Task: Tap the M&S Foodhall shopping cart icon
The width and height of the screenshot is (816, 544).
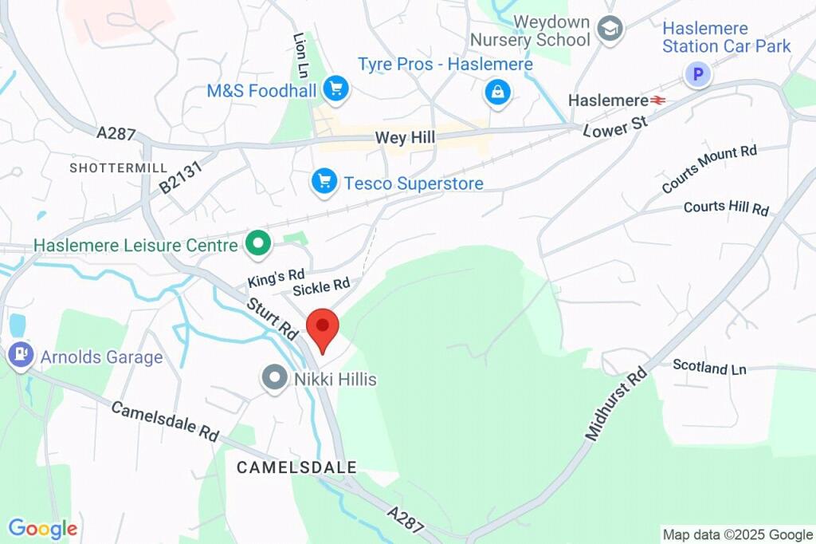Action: pyautogui.click(x=335, y=90)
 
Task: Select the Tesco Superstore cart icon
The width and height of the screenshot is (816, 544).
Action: pyautogui.click(x=324, y=182)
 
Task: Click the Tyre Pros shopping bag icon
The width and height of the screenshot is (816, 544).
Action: pyautogui.click(x=498, y=93)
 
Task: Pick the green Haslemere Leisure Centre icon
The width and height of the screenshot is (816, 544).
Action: pyautogui.click(x=257, y=245)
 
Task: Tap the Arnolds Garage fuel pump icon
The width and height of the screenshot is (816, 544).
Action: pyautogui.click(x=18, y=355)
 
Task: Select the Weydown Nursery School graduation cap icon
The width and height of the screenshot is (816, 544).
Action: pyautogui.click(x=610, y=30)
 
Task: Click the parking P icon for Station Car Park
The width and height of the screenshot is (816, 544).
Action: pyautogui.click(x=698, y=75)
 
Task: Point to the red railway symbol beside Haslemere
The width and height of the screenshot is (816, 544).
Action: pyautogui.click(x=658, y=101)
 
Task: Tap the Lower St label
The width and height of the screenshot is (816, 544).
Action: pyautogui.click(x=616, y=125)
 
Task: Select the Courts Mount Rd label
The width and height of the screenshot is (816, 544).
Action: pyautogui.click(x=708, y=169)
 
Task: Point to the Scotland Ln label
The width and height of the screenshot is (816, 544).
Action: pyautogui.click(x=709, y=367)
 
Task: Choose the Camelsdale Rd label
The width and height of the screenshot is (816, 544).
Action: pyautogui.click(x=164, y=420)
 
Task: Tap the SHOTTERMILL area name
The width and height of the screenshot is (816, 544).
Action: pyautogui.click(x=118, y=168)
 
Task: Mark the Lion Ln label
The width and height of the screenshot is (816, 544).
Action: pyautogui.click(x=300, y=56)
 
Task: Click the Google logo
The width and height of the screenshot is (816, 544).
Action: pyautogui.click(x=42, y=528)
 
